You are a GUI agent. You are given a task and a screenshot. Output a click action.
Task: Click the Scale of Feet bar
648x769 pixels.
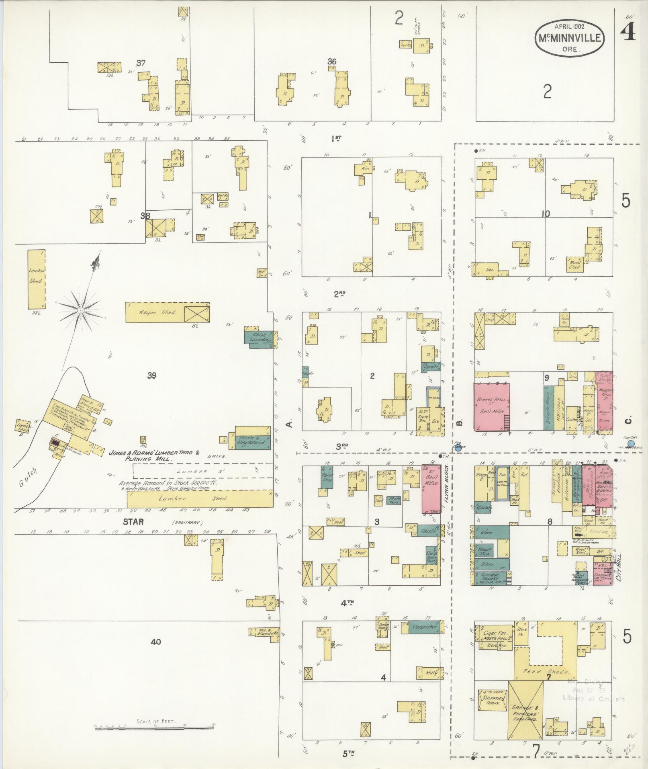click(x=155, y=726)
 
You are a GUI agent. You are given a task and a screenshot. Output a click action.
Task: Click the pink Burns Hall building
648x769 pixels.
click(x=492, y=407)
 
